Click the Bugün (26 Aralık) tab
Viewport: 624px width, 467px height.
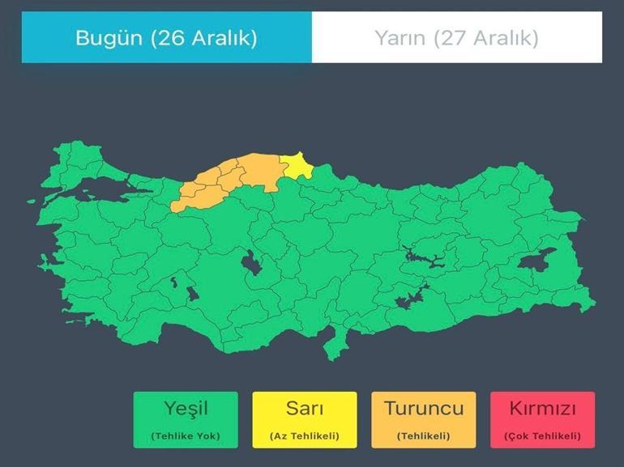(166, 37)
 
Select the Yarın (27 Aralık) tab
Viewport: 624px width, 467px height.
(456, 37)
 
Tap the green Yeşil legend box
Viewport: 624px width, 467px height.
(186, 419)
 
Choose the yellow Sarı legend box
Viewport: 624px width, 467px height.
(304, 419)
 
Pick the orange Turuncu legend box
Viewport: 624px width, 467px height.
(423, 419)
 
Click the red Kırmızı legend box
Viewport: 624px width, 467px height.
(542, 419)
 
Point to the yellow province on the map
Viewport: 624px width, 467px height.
(299, 166)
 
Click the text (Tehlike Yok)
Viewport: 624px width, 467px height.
(186, 436)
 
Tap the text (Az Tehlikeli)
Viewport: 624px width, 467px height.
(304, 436)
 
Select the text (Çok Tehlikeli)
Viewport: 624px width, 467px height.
(542, 436)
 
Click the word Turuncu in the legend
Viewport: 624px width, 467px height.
(423, 408)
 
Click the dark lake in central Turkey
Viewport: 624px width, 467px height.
(250, 265)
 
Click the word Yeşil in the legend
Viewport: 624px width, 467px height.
(186, 408)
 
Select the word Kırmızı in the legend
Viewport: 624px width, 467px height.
(542, 408)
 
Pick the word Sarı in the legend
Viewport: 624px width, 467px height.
(304, 408)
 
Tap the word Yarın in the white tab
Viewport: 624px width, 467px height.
(400, 37)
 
